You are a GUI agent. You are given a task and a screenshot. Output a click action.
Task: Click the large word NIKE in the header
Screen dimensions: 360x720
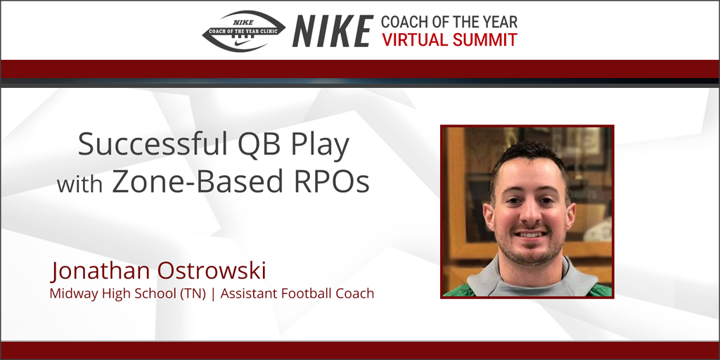pyautogui.click(x=333, y=31)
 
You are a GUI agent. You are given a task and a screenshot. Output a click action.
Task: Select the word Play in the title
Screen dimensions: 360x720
pyautogui.click(x=316, y=146)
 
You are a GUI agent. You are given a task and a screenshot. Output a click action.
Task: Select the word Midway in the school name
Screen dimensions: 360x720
pyautogui.click(x=72, y=293)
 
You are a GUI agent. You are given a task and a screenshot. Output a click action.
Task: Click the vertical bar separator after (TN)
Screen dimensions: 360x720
pyautogui.click(x=213, y=293)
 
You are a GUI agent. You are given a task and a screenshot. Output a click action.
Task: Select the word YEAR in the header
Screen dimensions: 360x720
pyautogui.click(x=498, y=22)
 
